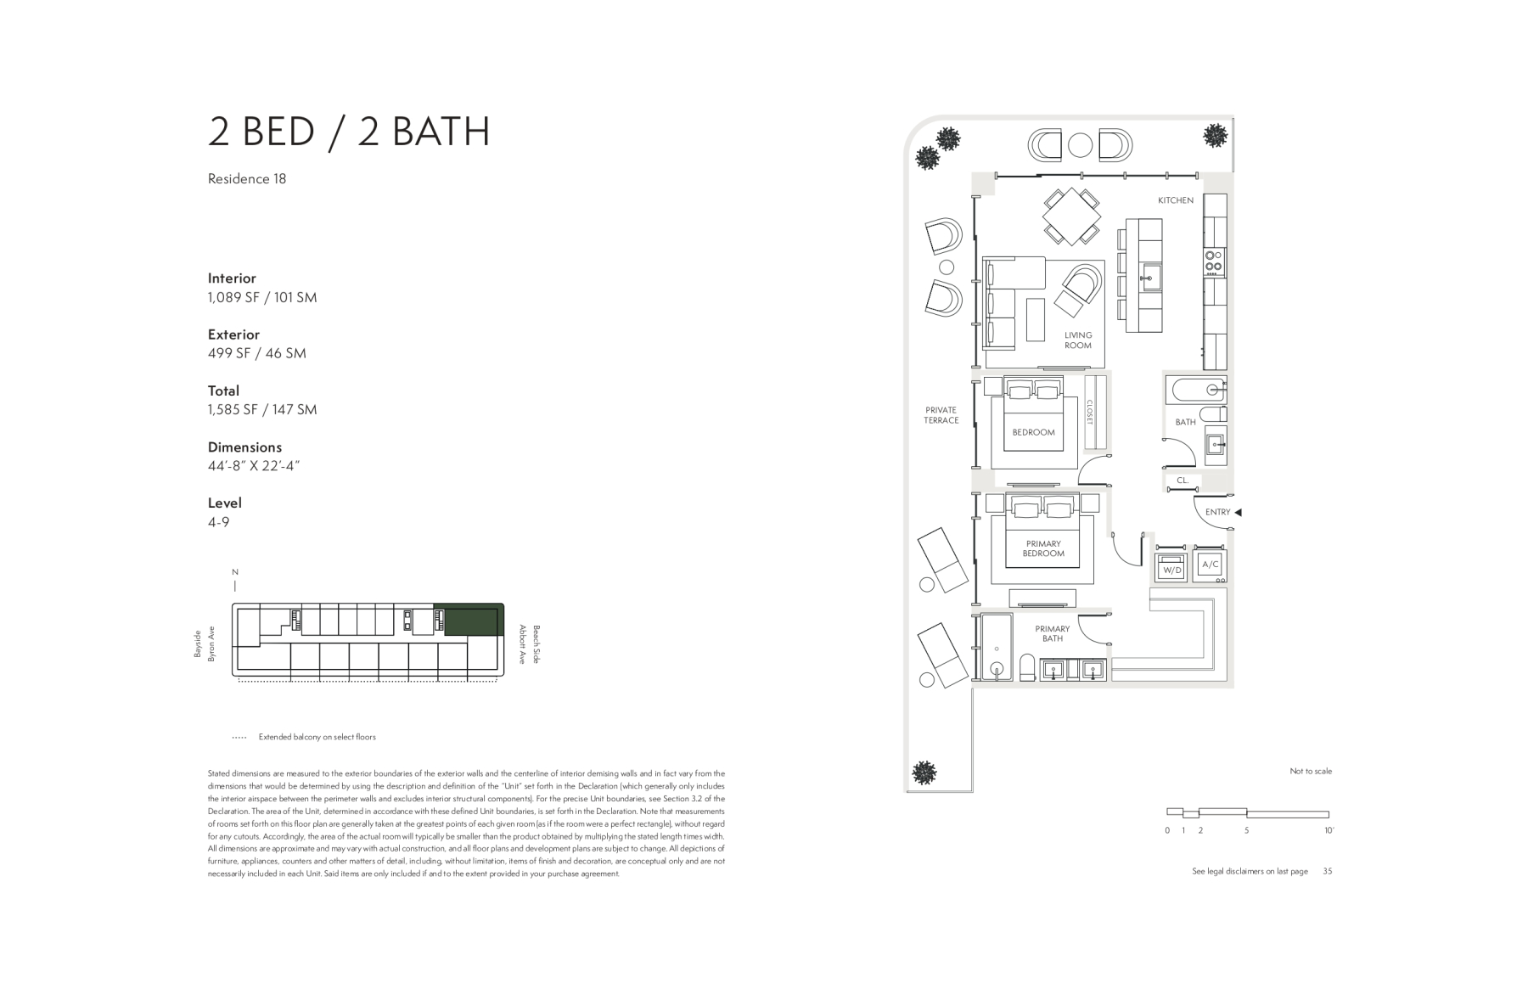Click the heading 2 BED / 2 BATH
pyautogui.click(x=349, y=132)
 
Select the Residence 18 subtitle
pyautogui.click(x=247, y=178)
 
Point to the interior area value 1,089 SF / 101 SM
pyautogui.click(x=262, y=297)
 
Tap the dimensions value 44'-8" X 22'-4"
pyautogui.click(x=254, y=465)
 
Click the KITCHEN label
pyautogui.click(x=1176, y=200)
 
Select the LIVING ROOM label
pyautogui.click(x=1078, y=340)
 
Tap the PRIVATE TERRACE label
pyautogui.click(x=941, y=415)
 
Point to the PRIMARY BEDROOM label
pyautogui.click(x=1043, y=548)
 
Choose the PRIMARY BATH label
pyautogui.click(x=1053, y=633)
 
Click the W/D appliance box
pyautogui.click(x=1171, y=569)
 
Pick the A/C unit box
pyautogui.click(x=1210, y=565)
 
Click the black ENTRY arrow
pyautogui.click(x=1238, y=512)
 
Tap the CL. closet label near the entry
pyautogui.click(x=1183, y=480)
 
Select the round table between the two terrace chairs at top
pyautogui.click(x=1080, y=145)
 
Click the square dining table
pyautogui.click(x=1071, y=216)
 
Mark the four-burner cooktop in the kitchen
pyautogui.click(x=1215, y=261)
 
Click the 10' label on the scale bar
pyautogui.click(x=1329, y=830)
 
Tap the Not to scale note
pyautogui.click(x=1311, y=771)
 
